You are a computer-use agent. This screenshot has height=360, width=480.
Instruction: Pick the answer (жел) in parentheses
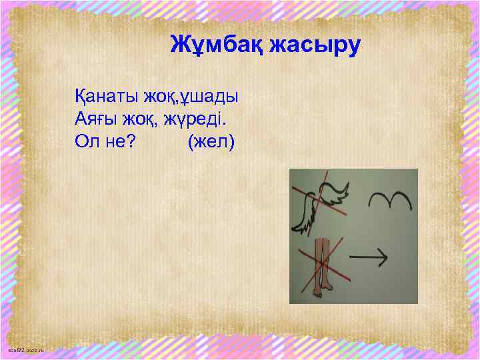click(x=211, y=142)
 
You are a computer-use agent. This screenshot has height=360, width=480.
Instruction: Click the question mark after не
click(x=127, y=142)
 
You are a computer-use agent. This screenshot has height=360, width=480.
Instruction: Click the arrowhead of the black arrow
click(x=385, y=255)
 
